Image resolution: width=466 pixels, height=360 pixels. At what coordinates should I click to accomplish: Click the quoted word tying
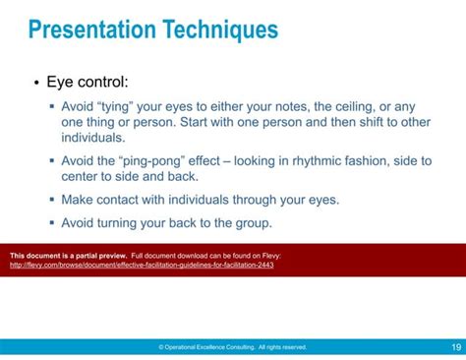tap(121, 106)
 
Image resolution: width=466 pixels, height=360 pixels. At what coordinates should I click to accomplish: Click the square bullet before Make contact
tap(52, 200)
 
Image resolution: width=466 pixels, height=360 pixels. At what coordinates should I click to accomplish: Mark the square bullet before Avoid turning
tap(52, 223)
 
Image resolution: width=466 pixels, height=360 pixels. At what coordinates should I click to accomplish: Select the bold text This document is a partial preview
tap(67, 255)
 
